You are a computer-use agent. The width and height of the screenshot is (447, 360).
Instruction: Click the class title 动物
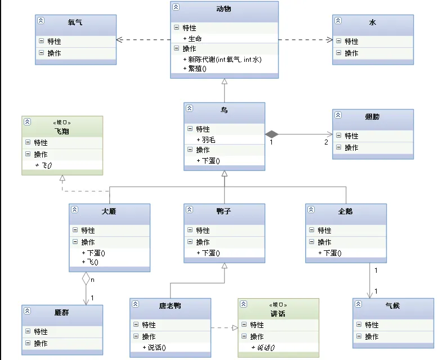click(x=223, y=9)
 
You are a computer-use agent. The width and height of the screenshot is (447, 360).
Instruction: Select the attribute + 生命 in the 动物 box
click(x=195, y=38)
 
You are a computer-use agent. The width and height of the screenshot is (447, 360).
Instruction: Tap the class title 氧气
click(x=75, y=22)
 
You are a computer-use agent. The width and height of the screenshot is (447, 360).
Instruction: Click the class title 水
click(x=372, y=22)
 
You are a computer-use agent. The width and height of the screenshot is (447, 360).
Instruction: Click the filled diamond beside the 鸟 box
click(x=272, y=134)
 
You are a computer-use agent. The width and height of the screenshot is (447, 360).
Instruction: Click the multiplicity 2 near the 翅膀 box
click(x=325, y=142)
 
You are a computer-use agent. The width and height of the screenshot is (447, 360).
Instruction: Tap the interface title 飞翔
click(x=62, y=130)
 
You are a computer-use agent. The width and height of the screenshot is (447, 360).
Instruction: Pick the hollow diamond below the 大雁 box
click(x=86, y=277)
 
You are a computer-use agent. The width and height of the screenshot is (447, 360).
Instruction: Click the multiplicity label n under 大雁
click(x=92, y=279)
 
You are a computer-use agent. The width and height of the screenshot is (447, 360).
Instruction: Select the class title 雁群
click(x=62, y=313)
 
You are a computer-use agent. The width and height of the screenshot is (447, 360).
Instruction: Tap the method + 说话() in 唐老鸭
click(x=157, y=348)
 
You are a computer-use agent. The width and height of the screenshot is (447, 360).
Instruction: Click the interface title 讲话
click(x=278, y=313)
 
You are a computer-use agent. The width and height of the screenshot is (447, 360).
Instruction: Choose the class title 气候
click(x=392, y=306)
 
